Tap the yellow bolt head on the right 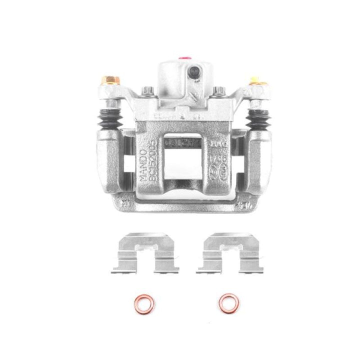[x=254, y=80]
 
